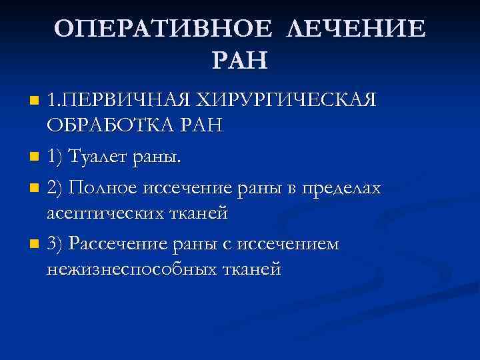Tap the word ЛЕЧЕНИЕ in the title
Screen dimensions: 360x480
[357, 29]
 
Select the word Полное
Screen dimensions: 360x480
[103, 189]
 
